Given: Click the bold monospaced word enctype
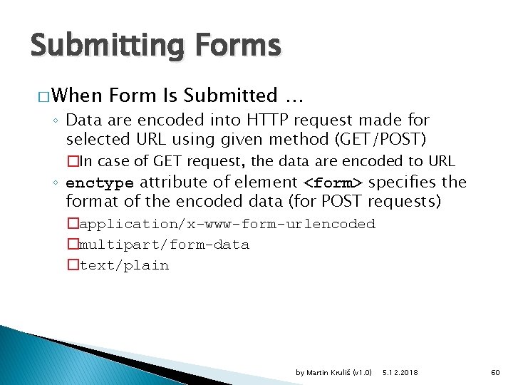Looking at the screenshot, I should point(100,183).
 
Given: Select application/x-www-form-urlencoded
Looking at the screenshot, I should point(227,224).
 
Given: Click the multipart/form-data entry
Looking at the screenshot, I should point(164,245).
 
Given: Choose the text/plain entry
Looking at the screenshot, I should point(124,265).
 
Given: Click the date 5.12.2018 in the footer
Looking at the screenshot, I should point(400,372).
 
